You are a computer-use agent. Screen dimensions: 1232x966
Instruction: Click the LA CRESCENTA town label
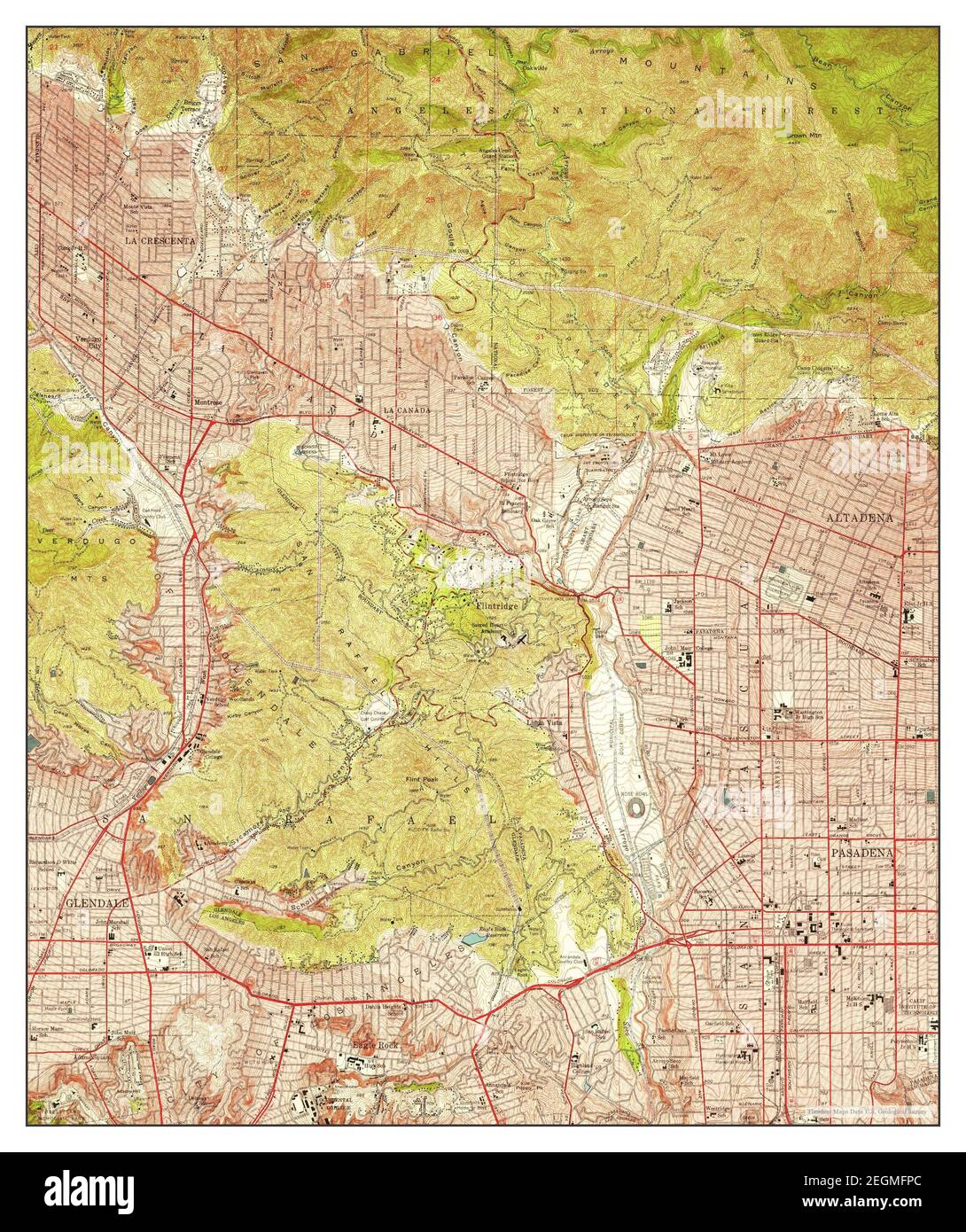(153, 240)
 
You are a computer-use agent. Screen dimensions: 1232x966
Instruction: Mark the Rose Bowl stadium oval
(635, 809)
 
